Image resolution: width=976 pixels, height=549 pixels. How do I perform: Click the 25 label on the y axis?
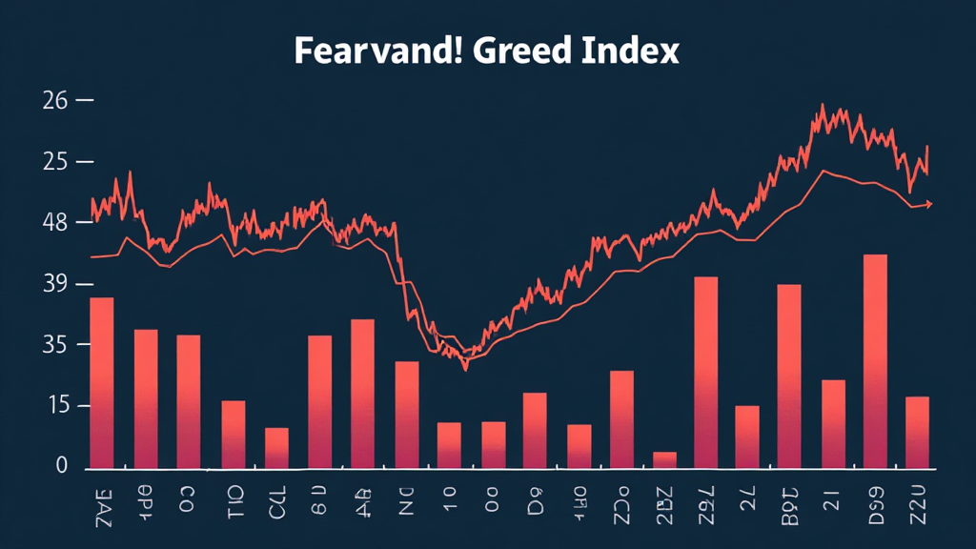click(55, 162)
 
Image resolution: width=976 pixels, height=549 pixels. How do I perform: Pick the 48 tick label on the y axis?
click(55, 223)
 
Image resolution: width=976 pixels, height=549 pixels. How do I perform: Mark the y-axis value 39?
click(55, 284)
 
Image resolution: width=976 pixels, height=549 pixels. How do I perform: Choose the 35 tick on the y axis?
click(55, 345)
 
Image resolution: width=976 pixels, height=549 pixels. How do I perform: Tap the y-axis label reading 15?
click(55, 406)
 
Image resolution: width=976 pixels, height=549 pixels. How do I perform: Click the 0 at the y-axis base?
click(62, 466)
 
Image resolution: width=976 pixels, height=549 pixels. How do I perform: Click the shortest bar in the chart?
click(664, 459)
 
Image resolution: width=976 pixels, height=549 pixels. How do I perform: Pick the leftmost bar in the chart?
click(102, 382)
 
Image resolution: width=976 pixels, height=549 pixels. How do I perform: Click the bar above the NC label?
click(407, 415)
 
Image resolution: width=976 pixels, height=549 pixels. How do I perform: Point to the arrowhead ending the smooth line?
click(928, 204)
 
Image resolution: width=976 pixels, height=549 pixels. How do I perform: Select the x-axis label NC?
click(406, 500)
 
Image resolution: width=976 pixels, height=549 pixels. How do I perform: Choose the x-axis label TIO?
click(234, 500)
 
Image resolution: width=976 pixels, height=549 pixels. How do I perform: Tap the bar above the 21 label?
click(833, 423)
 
